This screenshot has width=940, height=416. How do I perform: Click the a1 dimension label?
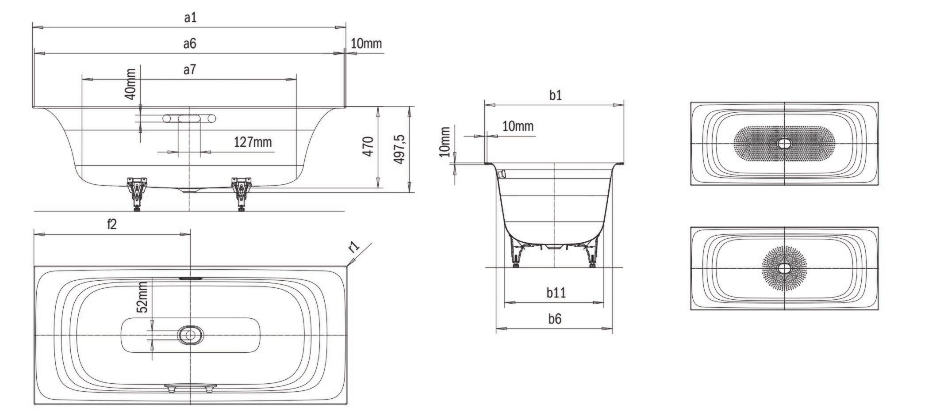point(190,18)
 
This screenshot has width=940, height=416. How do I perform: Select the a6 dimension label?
point(190,43)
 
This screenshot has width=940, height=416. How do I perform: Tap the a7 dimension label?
point(190,70)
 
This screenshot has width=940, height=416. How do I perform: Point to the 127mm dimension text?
point(253,142)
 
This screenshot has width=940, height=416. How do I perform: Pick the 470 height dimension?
point(368,146)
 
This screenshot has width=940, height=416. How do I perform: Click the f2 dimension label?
point(112,224)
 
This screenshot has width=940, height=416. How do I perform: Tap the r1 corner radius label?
point(354,247)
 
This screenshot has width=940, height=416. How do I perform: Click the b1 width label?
point(556,95)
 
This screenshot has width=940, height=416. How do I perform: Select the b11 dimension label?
point(556,292)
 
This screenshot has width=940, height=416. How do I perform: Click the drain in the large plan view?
point(190,335)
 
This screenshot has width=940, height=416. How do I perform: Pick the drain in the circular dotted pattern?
point(784,268)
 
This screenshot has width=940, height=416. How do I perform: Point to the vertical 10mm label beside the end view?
point(445,142)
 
